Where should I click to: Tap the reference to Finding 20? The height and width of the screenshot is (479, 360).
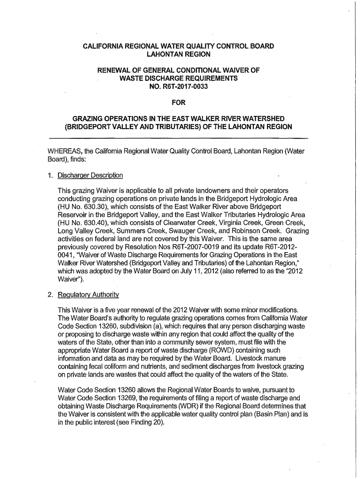pos(146,422)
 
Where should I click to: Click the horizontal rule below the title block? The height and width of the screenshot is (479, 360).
pos(179,138)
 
